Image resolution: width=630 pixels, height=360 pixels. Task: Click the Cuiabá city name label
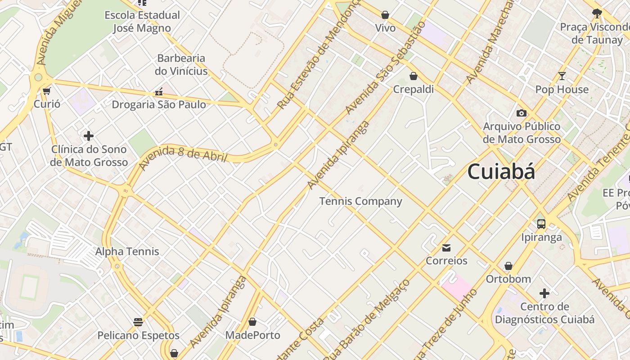click(x=501, y=172)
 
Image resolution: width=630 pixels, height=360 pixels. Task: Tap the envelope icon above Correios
click(x=446, y=247)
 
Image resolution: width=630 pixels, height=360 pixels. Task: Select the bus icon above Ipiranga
click(x=541, y=224)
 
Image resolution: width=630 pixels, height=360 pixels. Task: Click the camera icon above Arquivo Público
click(x=522, y=113)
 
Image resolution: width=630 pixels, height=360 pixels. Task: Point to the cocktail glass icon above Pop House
click(x=562, y=76)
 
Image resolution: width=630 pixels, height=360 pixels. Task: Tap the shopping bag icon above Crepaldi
click(x=413, y=76)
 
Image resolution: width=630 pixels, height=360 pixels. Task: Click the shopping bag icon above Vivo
click(x=385, y=15)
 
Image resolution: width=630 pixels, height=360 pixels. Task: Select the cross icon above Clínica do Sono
click(x=89, y=135)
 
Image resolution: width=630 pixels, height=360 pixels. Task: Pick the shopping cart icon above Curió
click(x=46, y=91)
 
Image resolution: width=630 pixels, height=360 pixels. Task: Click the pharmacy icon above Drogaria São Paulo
click(x=158, y=92)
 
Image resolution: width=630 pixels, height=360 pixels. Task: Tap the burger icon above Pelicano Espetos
click(x=138, y=322)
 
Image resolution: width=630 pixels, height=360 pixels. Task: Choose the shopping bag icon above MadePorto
click(x=252, y=322)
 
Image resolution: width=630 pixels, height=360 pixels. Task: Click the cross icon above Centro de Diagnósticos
click(x=544, y=294)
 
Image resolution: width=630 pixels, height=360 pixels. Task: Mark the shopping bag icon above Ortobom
click(x=508, y=266)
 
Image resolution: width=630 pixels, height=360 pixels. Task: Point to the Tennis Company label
click(x=360, y=201)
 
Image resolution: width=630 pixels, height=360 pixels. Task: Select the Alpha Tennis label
click(x=127, y=251)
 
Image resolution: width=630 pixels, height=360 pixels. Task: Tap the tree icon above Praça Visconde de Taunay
click(x=597, y=13)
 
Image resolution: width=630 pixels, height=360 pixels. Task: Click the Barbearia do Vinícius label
click(x=181, y=64)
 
